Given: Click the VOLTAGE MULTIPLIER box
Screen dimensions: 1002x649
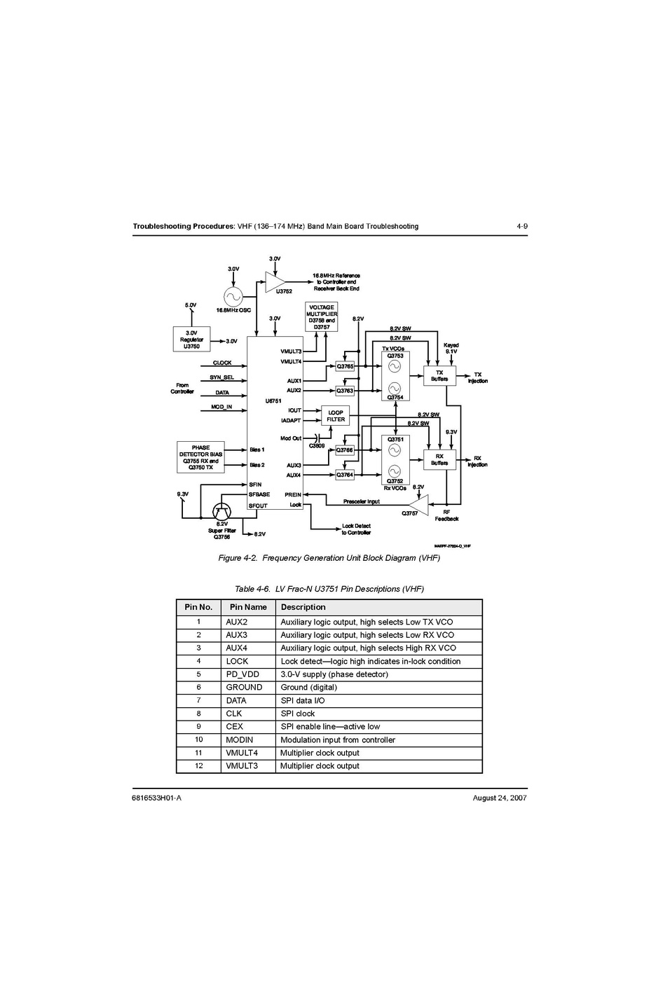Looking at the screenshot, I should [x=322, y=317].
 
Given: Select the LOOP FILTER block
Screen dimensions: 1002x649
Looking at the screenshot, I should [x=335, y=416].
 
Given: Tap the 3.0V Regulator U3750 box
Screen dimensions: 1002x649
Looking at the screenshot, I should [x=191, y=340].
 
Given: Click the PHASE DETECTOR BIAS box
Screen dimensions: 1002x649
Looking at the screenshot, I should [x=200, y=457].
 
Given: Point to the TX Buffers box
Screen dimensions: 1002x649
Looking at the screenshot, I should [x=439, y=376].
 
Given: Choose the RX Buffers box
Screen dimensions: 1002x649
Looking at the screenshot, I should [x=439, y=459].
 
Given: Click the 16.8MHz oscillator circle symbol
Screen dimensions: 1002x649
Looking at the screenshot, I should [x=233, y=297].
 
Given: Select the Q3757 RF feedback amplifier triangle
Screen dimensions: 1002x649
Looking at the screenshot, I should [x=419, y=504].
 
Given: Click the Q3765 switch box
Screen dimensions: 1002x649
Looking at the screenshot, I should [x=345, y=366].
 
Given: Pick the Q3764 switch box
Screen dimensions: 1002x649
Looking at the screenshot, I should [x=345, y=475].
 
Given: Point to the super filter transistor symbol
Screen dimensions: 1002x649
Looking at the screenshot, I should [x=221, y=512].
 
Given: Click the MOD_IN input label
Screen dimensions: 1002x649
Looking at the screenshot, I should [x=221, y=407].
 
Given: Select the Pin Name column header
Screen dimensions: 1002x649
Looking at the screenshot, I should [x=248, y=607].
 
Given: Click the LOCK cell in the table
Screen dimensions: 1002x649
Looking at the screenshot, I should [x=237, y=661].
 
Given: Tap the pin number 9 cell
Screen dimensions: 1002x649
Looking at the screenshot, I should [x=198, y=727].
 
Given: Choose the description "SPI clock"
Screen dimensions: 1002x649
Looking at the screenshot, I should [x=298, y=714].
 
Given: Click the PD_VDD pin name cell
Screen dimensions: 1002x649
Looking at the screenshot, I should [x=242, y=674].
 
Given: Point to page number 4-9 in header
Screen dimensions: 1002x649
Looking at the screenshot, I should [x=521, y=226].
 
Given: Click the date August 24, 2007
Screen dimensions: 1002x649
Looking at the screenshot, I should [x=500, y=798].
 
